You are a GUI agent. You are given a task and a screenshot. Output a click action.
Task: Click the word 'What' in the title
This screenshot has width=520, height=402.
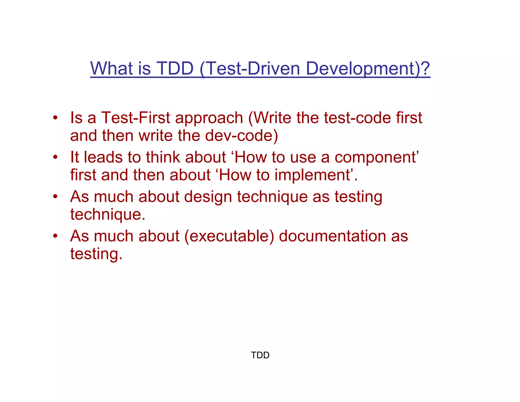click(x=111, y=68)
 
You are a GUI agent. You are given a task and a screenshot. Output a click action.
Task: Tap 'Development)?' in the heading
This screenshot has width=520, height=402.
click(x=368, y=68)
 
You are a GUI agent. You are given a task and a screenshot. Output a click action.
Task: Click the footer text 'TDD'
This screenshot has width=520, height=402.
click(x=260, y=355)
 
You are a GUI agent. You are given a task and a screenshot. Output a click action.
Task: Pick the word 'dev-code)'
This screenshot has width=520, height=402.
click(x=241, y=135)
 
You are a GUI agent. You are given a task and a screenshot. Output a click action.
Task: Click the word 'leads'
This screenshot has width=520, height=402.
click(x=103, y=157)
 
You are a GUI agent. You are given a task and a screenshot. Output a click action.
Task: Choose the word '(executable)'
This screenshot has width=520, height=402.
click(x=229, y=236)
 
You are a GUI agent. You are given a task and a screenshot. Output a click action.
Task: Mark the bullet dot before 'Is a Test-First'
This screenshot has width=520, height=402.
click(x=55, y=118)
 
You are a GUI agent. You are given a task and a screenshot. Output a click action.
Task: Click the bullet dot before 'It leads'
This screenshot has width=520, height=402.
click(x=55, y=157)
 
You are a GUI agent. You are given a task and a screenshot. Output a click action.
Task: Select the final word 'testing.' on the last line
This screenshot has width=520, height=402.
click(x=96, y=254)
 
